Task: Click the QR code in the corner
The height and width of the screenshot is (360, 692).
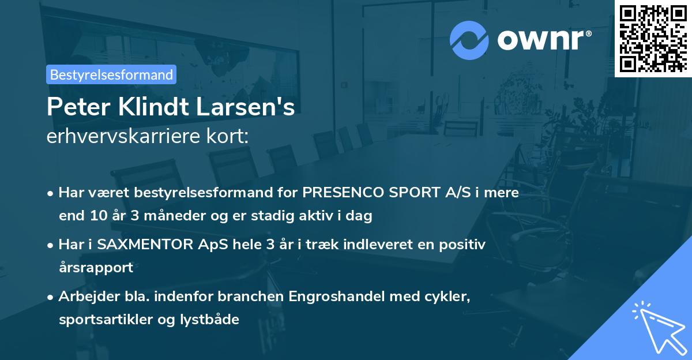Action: [x=653, y=37]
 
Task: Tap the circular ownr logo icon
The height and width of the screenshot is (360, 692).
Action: [x=468, y=40]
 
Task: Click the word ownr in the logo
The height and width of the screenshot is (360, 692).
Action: [x=543, y=40]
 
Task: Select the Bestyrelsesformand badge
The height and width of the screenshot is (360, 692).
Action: [x=111, y=74]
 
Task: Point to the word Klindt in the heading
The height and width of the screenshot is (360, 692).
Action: [x=152, y=107]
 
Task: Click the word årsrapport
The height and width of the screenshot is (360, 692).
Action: [x=96, y=268]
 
